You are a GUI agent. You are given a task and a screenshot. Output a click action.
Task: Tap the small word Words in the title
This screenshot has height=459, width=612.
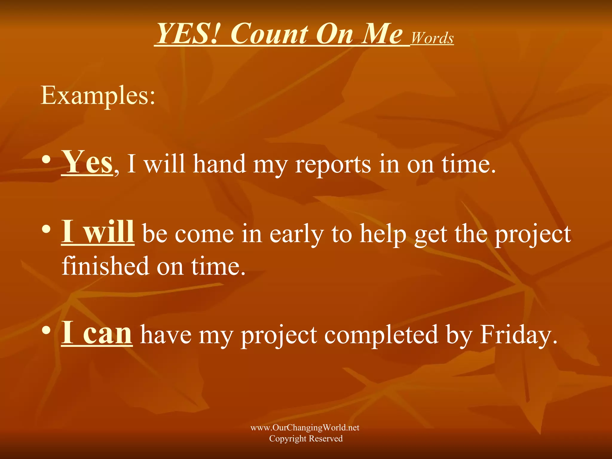[x=432, y=38]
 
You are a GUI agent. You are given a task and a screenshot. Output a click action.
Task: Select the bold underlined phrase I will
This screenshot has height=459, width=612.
[x=98, y=232]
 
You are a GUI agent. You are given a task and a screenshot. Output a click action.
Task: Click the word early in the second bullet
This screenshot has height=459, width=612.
[x=296, y=235]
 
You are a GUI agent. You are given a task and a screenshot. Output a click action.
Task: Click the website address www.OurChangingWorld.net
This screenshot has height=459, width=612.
[x=305, y=428]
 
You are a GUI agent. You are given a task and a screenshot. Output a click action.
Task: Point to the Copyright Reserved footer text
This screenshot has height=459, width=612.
[x=306, y=438]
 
